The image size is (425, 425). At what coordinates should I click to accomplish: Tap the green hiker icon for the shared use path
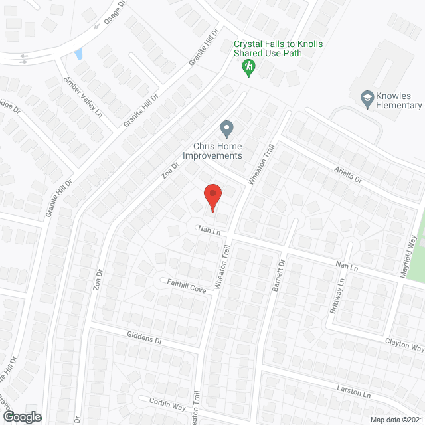pos(249,66)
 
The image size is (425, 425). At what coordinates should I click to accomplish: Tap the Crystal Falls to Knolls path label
pos(278,48)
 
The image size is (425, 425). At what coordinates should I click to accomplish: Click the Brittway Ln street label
pos(336,297)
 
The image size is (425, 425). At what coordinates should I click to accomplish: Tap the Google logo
pos(21,416)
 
